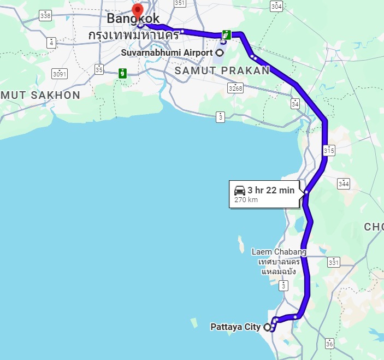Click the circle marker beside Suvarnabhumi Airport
coord(220,53)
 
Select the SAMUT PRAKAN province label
coord(222,70)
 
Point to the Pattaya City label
coord(235,327)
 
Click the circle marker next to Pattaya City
coord(267,327)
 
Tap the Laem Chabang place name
coord(279,252)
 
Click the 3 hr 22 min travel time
coord(271,190)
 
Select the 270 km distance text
coord(246,200)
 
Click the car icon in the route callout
coord(240,190)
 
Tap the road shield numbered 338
coord(45,16)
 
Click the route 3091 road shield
coord(59,73)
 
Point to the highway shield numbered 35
coord(99,69)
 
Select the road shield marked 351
coord(180,3)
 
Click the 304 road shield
coord(276,7)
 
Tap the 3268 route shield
coord(235,88)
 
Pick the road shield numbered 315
coord(329,150)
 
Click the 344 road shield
coord(343,184)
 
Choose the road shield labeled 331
coord(333,262)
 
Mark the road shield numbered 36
coord(329,344)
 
